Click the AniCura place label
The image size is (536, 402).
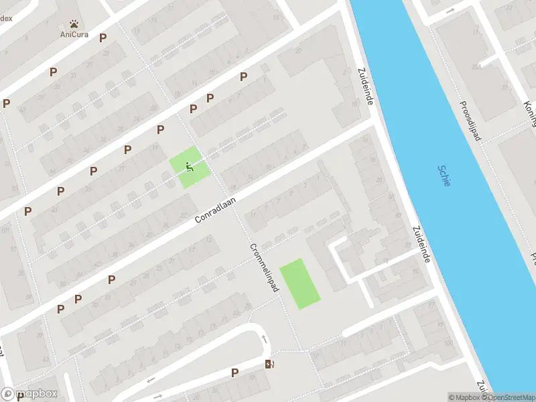[x=74, y=34]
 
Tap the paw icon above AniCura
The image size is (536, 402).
[x=74, y=22]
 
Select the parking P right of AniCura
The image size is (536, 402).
[x=103, y=38]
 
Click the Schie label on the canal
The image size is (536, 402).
[x=444, y=176]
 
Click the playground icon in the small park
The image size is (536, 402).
[x=190, y=167]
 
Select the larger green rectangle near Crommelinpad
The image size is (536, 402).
[x=299, y=283]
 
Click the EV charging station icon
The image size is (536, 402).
[x=270, y=364]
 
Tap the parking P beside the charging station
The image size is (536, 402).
[x=234, y=373]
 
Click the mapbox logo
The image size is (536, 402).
[x=29, y=393]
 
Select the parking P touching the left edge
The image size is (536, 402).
[x=6, y=103]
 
